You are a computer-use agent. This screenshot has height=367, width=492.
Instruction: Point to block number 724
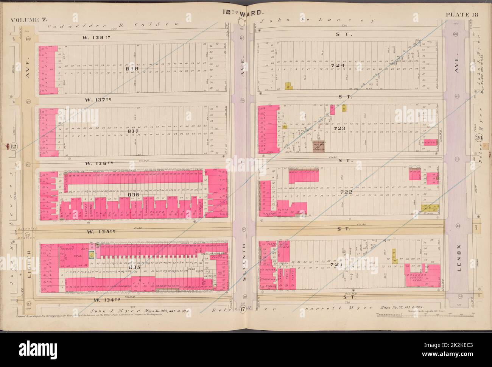point(338,66)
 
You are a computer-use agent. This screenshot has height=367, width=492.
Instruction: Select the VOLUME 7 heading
point(26,20)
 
